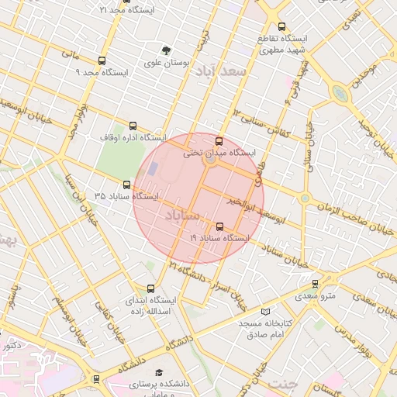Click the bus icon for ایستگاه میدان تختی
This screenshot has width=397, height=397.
pyautogui.click(x=219, y=142)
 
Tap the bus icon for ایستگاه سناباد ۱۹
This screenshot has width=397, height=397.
pyautogui.click(x=220, y=227)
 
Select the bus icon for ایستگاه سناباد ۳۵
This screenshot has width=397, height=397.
pyautogui.click(x=127, y=185)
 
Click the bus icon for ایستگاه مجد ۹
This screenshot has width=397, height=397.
pyautogui.click(x=102, y=60)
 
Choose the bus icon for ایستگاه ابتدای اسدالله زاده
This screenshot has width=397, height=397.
pyautogui.click(x=151, y=288)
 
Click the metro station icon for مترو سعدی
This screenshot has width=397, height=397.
pyautogui.click(x=314, y=285)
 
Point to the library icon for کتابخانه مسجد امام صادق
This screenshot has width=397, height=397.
pyautogui.click(x=266, y=311)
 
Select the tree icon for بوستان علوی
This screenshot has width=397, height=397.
pyautogui.click(x=164, y=50)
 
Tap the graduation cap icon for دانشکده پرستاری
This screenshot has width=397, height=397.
pyautogui.click(x=160, y=372)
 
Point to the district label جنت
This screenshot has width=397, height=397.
pyautogui.click(x=282, y=384)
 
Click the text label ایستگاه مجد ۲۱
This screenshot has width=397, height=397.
pyautogui.click(x=127, y=10)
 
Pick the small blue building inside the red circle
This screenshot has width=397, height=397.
pyautogui.click(x=153, y=167)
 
